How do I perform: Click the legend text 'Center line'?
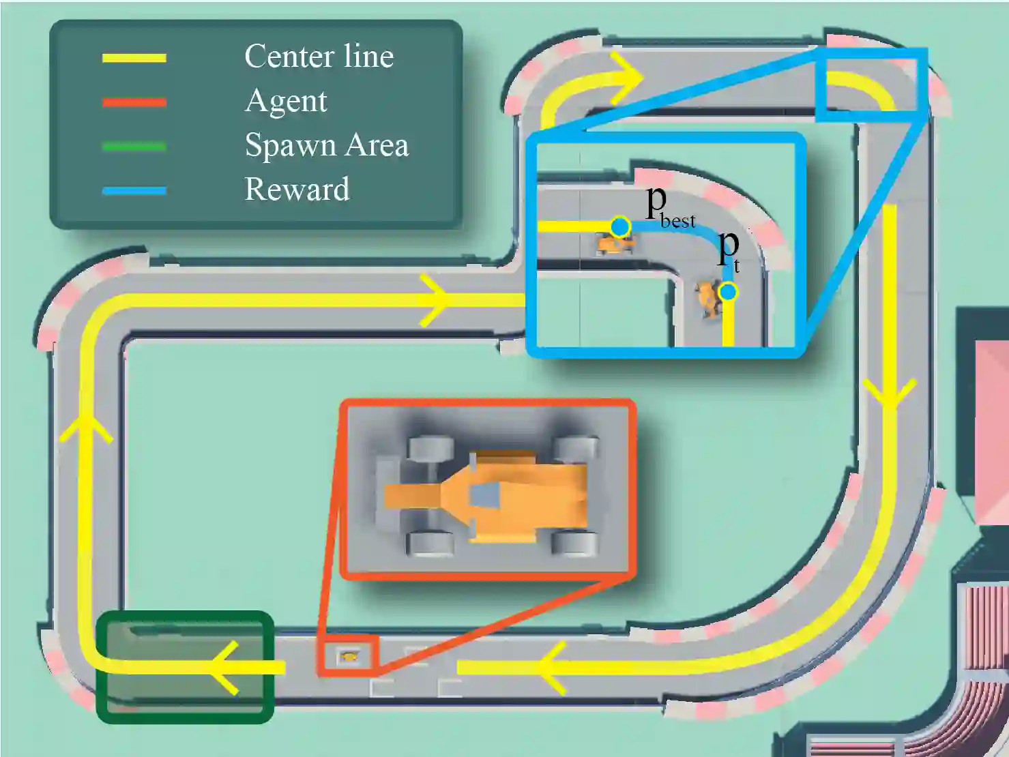(x=319, y=57)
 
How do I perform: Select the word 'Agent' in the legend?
(x=286, y=101)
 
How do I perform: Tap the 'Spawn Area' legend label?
(x=326, y=145)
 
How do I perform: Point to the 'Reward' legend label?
(x=297, y=189)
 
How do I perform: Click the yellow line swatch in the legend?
(x=134, y=59)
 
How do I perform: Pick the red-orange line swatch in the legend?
(x=134, y=102)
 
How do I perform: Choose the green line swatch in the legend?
(x=134, y=147)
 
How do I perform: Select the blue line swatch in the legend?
(x=134, y=191)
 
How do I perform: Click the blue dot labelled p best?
(x=620, y=226)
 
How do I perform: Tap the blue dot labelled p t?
(x=729, y=292)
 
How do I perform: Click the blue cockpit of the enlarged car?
(x=483, y=496)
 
